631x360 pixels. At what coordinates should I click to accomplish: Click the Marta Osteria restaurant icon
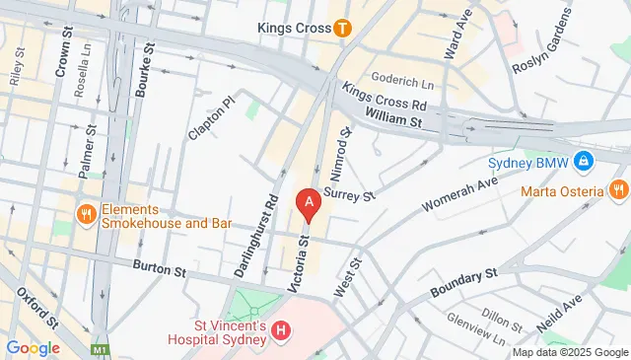pyautogui.click(x=618, y=188)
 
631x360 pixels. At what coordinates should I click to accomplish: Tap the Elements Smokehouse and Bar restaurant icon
pyautogui.click(x=87, y=214)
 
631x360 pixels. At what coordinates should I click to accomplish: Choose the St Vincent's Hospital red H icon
pyautogui.click(x=281, y=329)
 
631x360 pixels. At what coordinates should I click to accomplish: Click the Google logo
pyautogui.click(x=33, y=347)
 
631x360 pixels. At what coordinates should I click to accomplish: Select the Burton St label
pyautogui.click(x=160, y=267)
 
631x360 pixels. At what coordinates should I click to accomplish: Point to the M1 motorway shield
pyautogui.click(x=100, y=349)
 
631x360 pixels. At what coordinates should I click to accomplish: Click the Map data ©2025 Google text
pyautogui.click(x=570, y=352)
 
